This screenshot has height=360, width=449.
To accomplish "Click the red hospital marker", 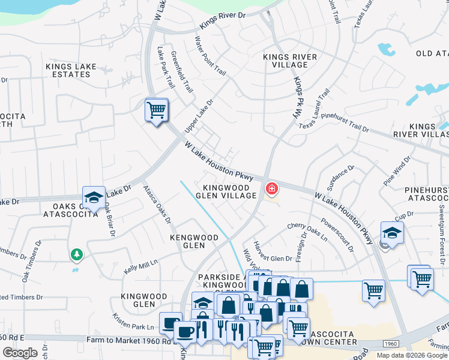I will click(272, 190).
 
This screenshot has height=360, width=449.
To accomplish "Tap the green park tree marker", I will click(76, 255).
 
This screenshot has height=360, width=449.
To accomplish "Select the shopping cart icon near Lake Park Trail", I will click(156, 110).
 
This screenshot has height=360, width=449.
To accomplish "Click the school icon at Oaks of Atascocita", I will click(94, 197).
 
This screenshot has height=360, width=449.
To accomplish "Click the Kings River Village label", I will click(290, 61).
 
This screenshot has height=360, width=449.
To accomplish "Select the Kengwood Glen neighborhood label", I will click(194, 241).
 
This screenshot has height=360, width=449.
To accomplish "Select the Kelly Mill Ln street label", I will click(140, 265).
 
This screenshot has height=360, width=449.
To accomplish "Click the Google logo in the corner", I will click(20, 352).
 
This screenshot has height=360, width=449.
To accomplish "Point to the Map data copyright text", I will click(411, 355).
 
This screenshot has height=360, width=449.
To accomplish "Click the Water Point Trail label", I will click(209, 57).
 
